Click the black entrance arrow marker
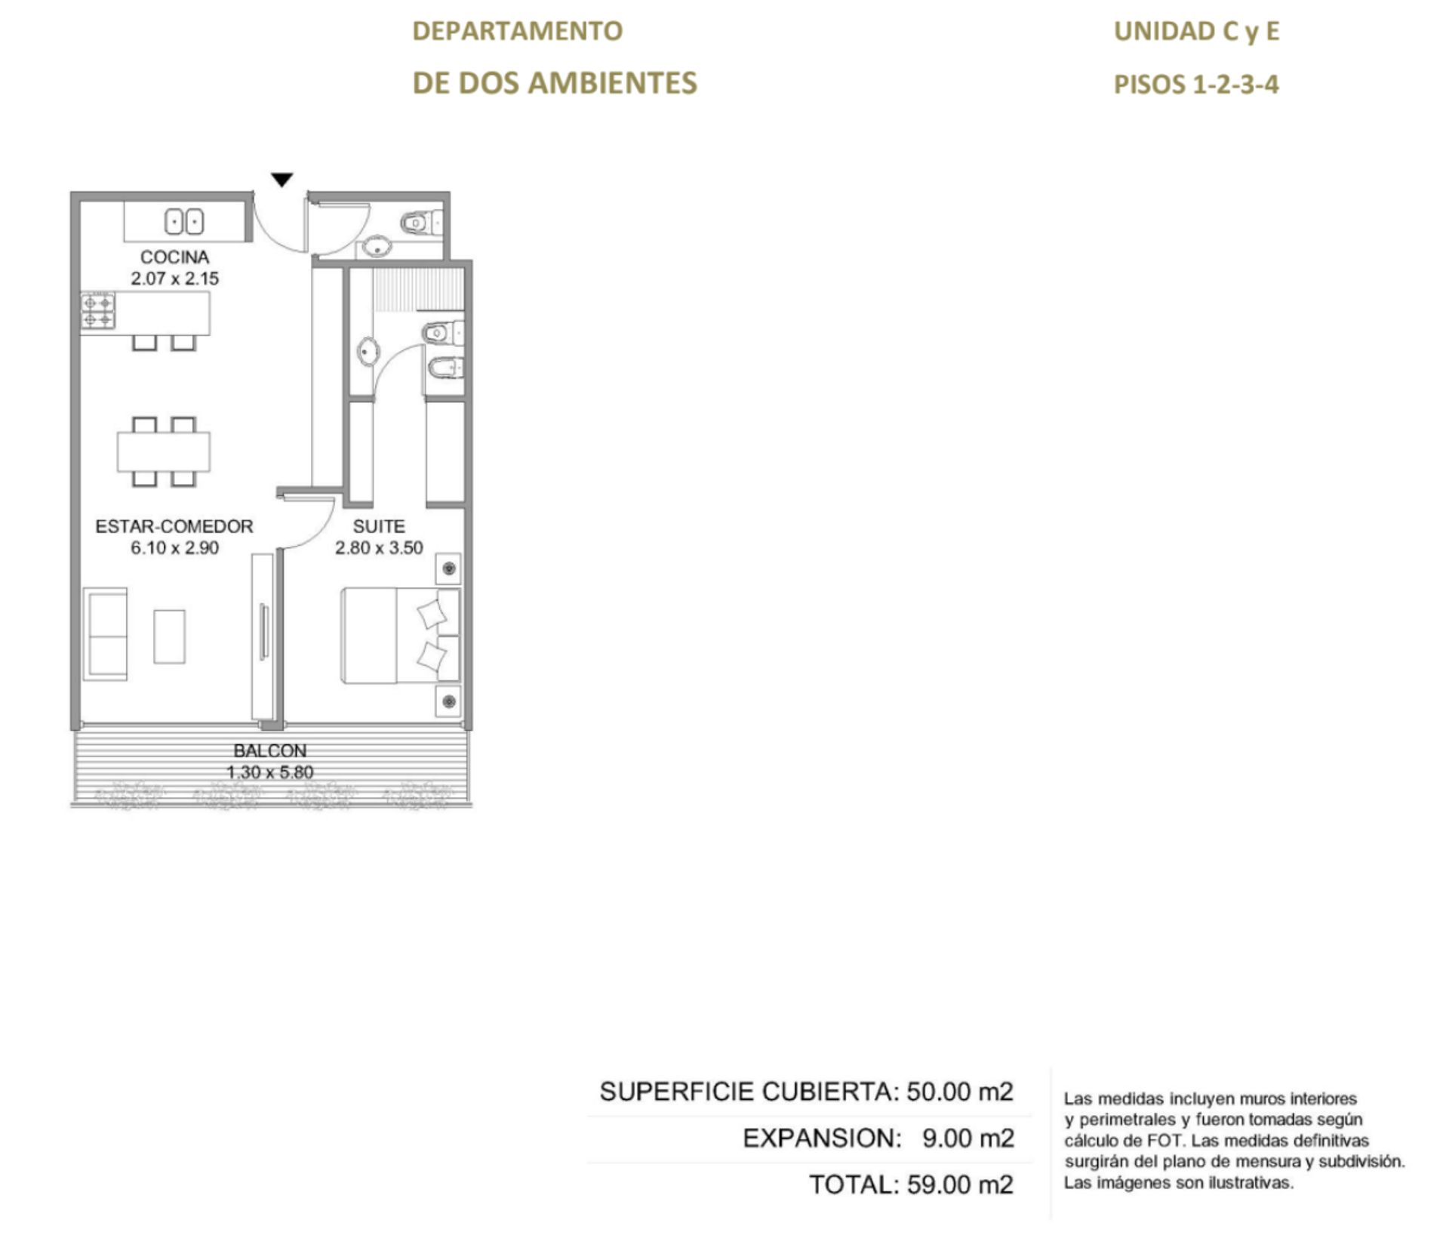281,180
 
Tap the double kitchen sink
184,223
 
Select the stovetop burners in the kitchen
99,311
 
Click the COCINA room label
174,257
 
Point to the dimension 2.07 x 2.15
174,279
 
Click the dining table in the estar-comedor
164,451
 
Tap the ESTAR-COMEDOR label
174,526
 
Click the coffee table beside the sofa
170,636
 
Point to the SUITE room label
379,526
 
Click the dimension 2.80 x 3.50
379,548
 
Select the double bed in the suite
400,636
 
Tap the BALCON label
270,750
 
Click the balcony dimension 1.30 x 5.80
270,772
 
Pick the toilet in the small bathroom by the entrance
421,223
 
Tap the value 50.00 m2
960,1092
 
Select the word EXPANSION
822,1138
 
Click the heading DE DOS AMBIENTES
555,82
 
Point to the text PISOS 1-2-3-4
1196,84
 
